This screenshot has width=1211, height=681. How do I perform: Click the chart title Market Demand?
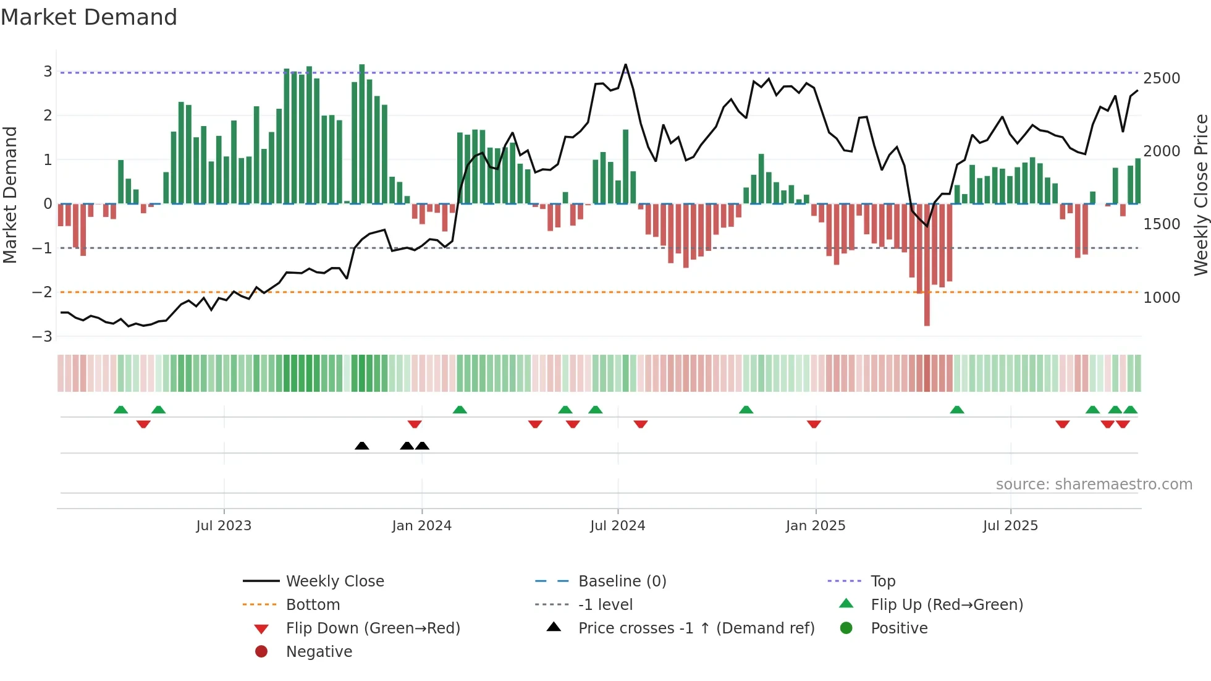click(x=89, y=17)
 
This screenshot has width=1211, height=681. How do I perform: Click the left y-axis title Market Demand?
click(x=11, y=195)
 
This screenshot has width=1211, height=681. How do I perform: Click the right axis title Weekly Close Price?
click(x=1200, y=195)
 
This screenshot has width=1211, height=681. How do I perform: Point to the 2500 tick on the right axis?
click(x=1161, y=78)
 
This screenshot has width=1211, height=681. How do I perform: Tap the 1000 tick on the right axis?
click(x=1161, y=297)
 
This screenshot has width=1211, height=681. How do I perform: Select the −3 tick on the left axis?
click(x=43, y=337)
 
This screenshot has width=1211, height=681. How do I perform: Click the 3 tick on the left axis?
click(x=48, y=72)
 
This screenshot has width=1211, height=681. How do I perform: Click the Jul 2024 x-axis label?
click(x=617, y=526)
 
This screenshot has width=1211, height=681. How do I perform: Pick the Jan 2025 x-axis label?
click(x=815, y=526)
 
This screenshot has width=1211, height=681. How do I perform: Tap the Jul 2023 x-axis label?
click(x=224, y=526)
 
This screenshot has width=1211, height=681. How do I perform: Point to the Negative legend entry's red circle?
click(x=261, y=652)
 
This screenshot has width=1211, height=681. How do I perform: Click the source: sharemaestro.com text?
click(x=1094, y=484)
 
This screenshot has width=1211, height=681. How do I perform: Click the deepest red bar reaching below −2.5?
click(x=927, y=309)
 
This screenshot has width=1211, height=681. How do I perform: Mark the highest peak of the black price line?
click(x=625, y=65)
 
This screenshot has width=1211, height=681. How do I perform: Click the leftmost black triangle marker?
click(x=362, y=446)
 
